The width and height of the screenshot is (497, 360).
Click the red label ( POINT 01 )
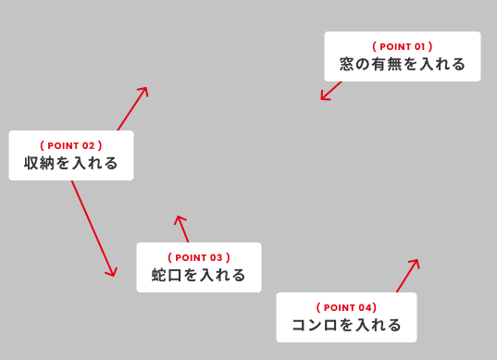(402, 46)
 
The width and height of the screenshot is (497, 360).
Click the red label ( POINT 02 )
(71, 145)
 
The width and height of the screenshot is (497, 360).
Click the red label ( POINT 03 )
(199, 257)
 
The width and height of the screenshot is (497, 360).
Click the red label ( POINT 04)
(346, 307)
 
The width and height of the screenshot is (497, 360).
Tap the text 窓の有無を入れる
(402, 65)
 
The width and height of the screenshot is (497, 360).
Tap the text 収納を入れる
(71, 164)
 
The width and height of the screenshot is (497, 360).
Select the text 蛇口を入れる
(199, 275)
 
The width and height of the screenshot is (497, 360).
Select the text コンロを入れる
(346, 325)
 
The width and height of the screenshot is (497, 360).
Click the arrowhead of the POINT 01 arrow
(323, 97)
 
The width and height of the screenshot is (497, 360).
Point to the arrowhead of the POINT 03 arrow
(179, 219)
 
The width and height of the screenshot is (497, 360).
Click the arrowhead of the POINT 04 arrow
(416, 262)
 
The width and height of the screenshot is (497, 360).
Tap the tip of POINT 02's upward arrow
(145, 90)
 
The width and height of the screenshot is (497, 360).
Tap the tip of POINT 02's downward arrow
(113, 274)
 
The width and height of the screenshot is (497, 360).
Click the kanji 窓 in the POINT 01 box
(347, 65)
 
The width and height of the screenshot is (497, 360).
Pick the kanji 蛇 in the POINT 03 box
(160, 275)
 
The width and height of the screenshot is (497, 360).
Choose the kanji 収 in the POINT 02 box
(32, 164)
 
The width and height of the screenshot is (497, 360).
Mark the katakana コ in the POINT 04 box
(299, 325)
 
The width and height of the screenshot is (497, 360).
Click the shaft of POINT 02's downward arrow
(93, 227)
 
